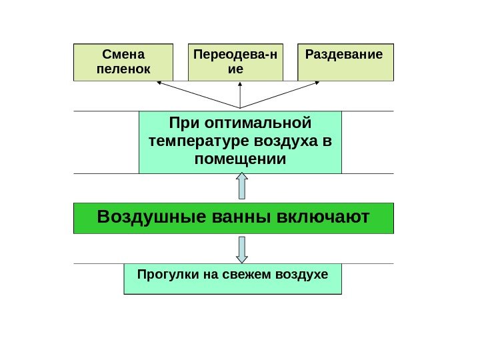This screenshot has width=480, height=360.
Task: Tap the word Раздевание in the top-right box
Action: [344, 54]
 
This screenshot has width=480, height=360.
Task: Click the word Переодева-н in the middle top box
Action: [236, 54]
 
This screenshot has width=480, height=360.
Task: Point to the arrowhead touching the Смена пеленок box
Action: [159, 83]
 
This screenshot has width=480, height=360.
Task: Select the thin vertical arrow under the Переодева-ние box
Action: [240, 95]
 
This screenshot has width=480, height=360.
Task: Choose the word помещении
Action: [240, 160]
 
